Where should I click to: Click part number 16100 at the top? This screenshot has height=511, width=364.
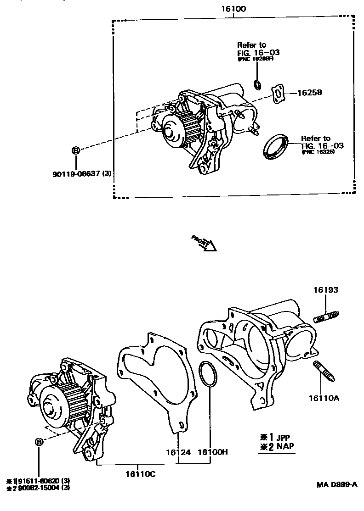coord(233,8)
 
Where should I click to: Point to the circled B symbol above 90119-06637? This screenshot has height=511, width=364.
coord(76,150)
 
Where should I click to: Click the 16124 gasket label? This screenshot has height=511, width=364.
coord(178,452)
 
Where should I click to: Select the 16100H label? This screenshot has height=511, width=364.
coord(213,452)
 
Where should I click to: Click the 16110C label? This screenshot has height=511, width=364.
coord(140,474)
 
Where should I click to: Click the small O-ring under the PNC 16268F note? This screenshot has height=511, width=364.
coord(258,84)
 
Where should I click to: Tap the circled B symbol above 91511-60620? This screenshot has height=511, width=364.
coord(39,442)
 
